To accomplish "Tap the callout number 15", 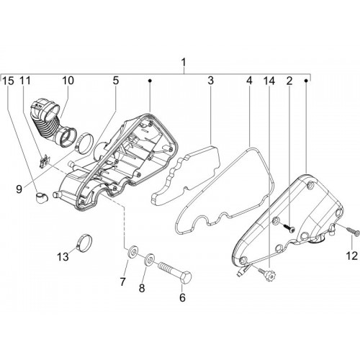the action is coord(8,81).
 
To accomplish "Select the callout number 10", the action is coord(68,81).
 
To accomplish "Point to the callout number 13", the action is coord(63,257).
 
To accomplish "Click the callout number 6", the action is coord(182,297).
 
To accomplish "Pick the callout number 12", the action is coord(352,256).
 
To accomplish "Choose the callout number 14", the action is coord(269,81).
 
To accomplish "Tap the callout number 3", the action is coord(210,81).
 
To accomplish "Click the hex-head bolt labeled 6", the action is coord(175,271).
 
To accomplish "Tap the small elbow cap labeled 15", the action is coord(42,197).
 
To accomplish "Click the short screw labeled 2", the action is coord(287,228).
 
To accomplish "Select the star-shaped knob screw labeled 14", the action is coord(267,275).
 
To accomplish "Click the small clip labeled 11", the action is coord(45,162).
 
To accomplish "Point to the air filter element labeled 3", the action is coord(186,175).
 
